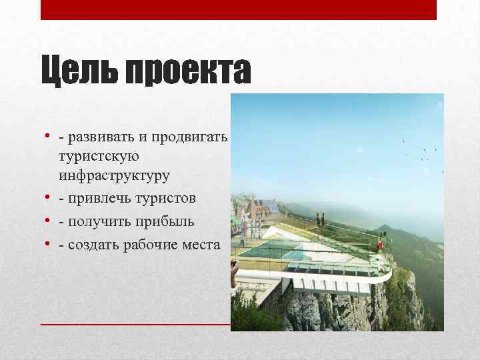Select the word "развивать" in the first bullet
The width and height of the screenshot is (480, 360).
pyautogui.click(x=101, y=137)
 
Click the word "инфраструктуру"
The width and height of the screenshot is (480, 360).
pyautogui.click(x=114, y=176)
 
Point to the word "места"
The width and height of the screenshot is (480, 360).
pyautogui.click(x=203, y=245)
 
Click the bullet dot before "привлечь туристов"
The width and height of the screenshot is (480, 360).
pyautogui.click(x=49, y=198)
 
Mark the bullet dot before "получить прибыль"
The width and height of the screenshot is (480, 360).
pyautogui.click(x=49, y=221)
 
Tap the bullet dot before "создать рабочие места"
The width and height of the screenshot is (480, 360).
pyautogui.click(x=49, y=245)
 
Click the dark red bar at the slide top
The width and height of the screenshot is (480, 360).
pyautogui.click(x=238, y=9)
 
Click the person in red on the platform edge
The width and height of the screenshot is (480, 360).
pyautogui.click(x=383, y=238)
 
